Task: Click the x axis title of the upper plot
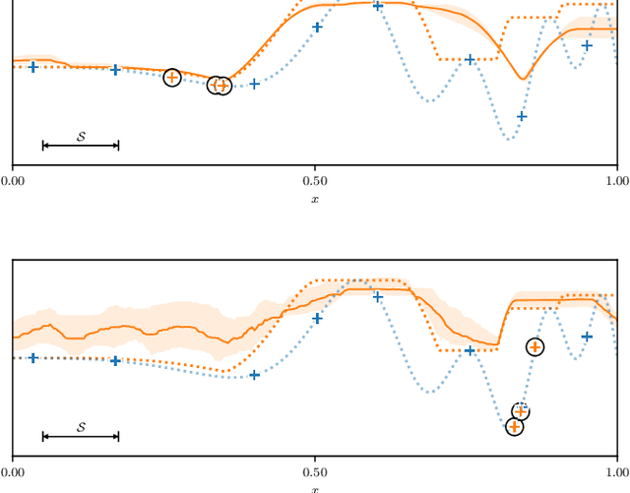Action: tap(315, 199)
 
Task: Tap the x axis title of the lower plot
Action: tap(315, 489)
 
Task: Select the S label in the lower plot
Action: tap(81, 426)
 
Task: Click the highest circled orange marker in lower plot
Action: tap(535, 346)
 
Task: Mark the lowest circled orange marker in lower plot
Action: tap(514, 427)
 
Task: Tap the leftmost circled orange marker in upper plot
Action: tap(172, 77)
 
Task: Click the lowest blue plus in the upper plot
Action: tap(522, 116)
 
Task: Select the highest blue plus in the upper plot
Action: tap(378, 6)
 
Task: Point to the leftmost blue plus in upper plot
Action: tap(33, 67)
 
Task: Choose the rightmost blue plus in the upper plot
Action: tap(588, 45)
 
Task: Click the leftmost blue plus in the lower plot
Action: tap(33, 358)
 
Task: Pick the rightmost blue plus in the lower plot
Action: tap(588, 337)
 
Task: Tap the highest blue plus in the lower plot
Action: tap(378, 297)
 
